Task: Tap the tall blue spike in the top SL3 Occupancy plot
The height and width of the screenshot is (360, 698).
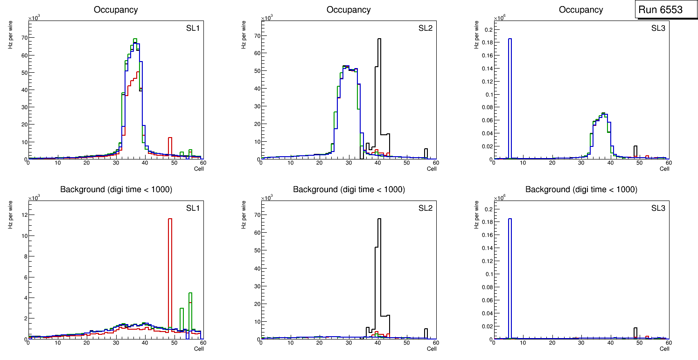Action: [x=510, y=93]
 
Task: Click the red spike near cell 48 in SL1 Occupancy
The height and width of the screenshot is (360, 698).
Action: [x=170, y=147]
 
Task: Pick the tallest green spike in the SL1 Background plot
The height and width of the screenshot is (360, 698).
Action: [x=190, y=310]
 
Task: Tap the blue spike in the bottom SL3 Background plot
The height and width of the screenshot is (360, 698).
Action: [x=510, y=270]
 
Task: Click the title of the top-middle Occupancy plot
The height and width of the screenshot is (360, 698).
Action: [x=349, y=10]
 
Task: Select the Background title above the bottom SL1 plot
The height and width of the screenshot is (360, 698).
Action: [x=116, y=189]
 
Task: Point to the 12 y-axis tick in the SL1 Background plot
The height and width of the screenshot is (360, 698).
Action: [x=22, y=215]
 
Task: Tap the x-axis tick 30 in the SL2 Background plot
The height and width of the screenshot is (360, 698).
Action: [x=349, y=343]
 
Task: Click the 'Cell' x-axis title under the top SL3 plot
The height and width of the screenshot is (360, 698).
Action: [x=664, y=169]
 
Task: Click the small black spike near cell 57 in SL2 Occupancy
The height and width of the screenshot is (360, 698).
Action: [x=426, y=153]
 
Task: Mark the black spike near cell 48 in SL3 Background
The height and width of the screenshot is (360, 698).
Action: [x=635, y=332]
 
